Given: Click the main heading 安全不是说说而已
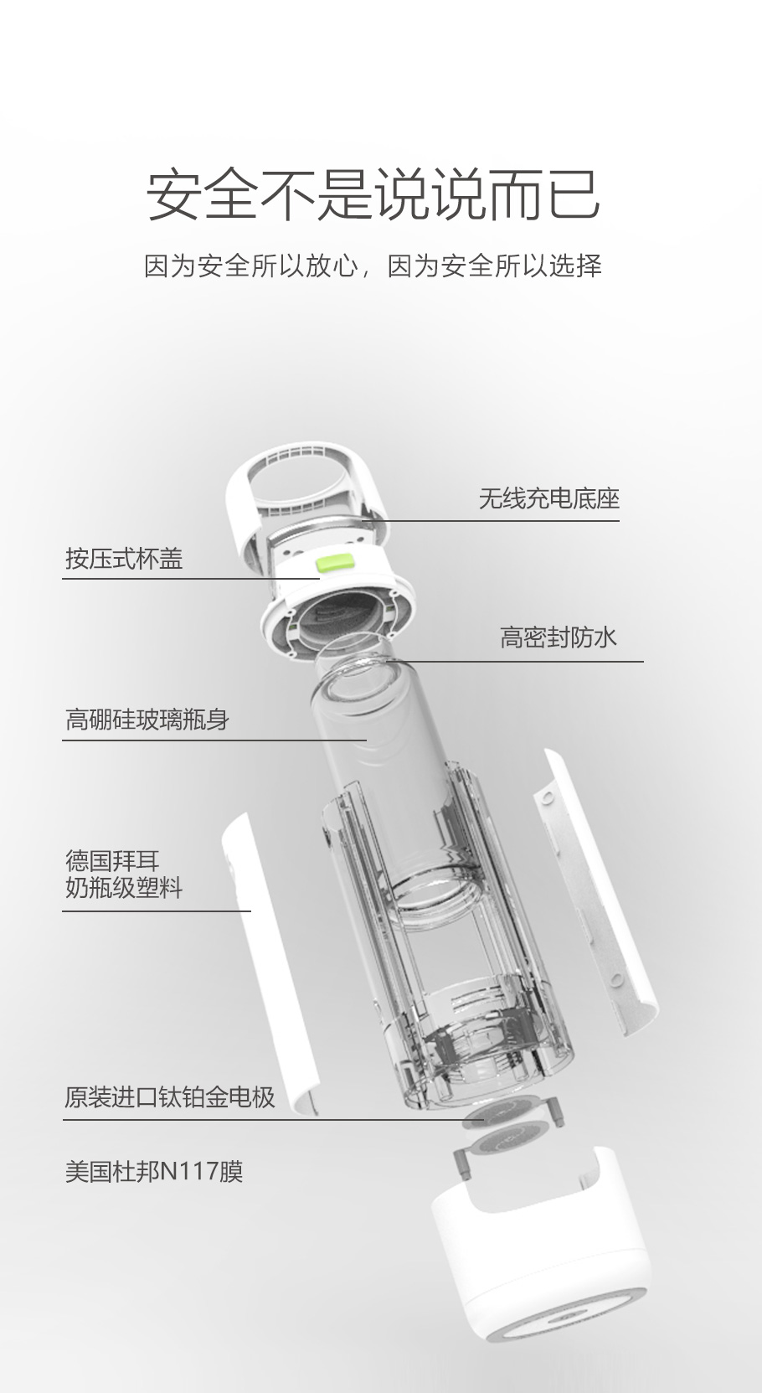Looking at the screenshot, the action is pyautogui.click(x=373, y=195).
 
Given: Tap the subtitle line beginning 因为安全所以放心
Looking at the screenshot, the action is pyautogui.click(x=373, y=266).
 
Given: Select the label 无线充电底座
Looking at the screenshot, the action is pyautogui.click(x=548, y=499).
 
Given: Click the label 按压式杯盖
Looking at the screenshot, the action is pyautogui.click(x=124, y=559).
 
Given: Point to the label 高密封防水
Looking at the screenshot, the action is pyautogui.click(x=559, y=638).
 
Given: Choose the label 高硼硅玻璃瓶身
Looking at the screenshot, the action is pyautogui.click(x=147, y=720).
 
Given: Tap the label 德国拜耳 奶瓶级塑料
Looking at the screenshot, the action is pyautogui.click(x=124, y=874).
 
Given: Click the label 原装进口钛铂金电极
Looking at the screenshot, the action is pyautogui.click(x=170, y=1097).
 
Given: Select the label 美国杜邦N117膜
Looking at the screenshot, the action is pyautogui.click(x=154, y=1171).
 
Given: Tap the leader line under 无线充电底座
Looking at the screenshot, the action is pyautogui.click(x=494, y=521).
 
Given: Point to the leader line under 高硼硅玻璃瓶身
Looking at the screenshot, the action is pyautogui.click(x=215, y=740).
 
